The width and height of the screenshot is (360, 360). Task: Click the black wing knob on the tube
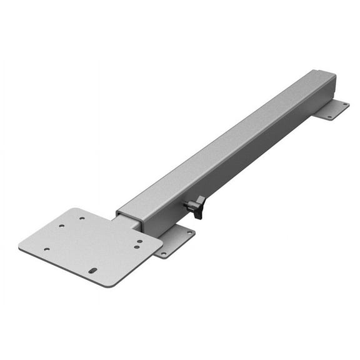pos(199,206)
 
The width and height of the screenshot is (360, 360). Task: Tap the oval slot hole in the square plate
pos(92,271)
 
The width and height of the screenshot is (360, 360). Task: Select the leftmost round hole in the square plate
pos(46,249)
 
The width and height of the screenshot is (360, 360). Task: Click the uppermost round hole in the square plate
pos(81,218)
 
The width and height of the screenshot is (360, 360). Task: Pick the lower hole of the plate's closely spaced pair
pos(137,246)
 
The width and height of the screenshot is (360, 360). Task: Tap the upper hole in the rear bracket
pos(342,104)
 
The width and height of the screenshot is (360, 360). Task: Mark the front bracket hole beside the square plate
pos(162,254)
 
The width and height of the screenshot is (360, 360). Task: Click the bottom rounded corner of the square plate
pos(103,285)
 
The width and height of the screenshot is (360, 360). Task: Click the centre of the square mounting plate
pos(91,246)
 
